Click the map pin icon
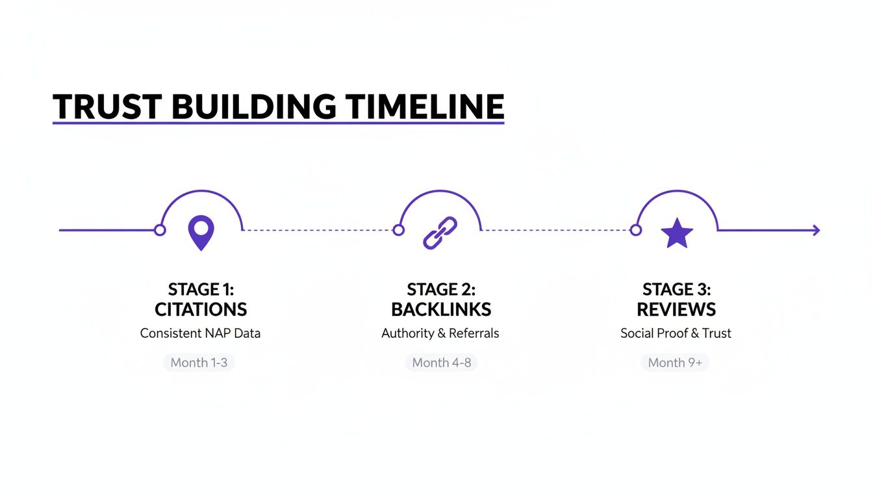coord(201,233)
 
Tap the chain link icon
coord(440,233)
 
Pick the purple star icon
coord(677,233)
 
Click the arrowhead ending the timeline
coord(816,230)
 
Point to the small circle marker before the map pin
coord(160,230)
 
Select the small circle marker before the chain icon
coord(399,230)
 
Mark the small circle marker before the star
coord(636,230)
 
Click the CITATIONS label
coord(201,309)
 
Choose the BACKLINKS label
coord(441,309)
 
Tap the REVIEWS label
coord(676,309)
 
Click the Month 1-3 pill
coord(199,363)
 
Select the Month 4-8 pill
coord(441,363)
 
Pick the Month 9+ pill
coord(675,363)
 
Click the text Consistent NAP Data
coord(200,333)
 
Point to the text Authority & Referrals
coord(440,333)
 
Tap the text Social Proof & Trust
coord(676,333)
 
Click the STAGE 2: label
coord(441,289)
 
